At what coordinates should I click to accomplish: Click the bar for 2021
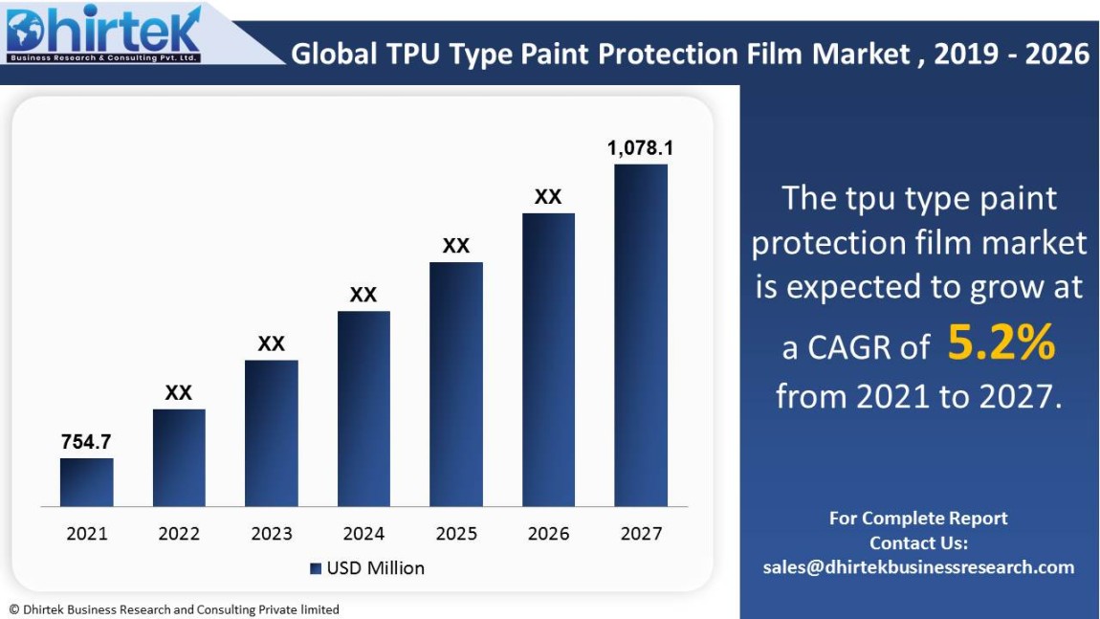(86, 482)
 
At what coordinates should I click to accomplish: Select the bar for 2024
(363, 409)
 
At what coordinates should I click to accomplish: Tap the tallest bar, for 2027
(641, 335)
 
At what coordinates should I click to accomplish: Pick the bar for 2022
(179, 457)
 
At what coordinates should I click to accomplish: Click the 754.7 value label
(86, 441)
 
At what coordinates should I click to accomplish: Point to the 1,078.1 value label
(641, 148)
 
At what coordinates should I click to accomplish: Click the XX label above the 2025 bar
(456, 246)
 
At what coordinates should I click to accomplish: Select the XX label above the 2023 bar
(272, 343)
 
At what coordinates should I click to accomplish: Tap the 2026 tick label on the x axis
(548, 534)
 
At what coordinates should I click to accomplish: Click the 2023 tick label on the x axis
(272, 534)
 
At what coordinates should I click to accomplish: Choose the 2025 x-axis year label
(456, 534)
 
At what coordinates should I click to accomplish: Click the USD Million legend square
(316, 568)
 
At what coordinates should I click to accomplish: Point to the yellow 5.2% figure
(1001, 344)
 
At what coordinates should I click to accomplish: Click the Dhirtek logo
(103, 34)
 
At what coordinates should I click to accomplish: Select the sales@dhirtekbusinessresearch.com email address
(918, 567)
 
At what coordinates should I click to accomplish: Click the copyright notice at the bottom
(174, 609)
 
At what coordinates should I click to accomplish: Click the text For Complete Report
(918, 519)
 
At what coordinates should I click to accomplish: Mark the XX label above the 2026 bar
(548, 197)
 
